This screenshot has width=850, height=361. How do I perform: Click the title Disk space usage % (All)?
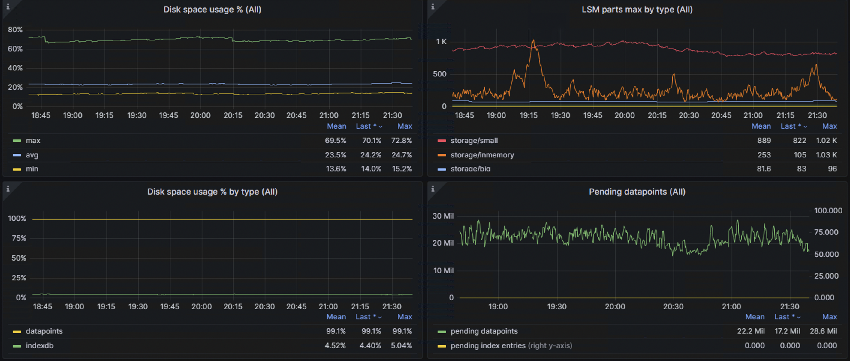(x=212, y=10)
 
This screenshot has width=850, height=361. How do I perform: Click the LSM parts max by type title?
(x=637, y=10)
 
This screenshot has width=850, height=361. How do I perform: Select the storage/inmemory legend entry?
(x=482, y=155)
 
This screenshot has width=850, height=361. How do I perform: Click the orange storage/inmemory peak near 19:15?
(x=533, y=41)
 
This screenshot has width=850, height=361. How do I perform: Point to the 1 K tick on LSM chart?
(x=441, y=42)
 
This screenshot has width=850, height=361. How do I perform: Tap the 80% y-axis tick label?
(x=15, y=30)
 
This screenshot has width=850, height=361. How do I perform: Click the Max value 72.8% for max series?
(x=401, y=140)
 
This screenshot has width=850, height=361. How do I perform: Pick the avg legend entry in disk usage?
(x=32, y=155)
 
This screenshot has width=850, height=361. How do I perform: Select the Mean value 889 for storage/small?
(x=764, y=140)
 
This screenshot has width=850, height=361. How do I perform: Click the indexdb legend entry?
(x=40, y=345)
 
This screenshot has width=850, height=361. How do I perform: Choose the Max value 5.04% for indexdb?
(x=401, y=345)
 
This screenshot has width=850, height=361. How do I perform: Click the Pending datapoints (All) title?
(x=637, y=192)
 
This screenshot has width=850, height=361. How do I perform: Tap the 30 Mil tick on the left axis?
(x=443, y=216)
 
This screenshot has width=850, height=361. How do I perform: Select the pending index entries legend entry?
(x=488, y=345)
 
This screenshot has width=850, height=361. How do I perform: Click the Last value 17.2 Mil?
(x=787, y=331)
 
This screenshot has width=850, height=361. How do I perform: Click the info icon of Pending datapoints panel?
(x=433, y=189)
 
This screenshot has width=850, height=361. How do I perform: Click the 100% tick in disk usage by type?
(x=17, y=219)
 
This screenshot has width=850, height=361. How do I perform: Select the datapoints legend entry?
(x=44, y=331)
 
